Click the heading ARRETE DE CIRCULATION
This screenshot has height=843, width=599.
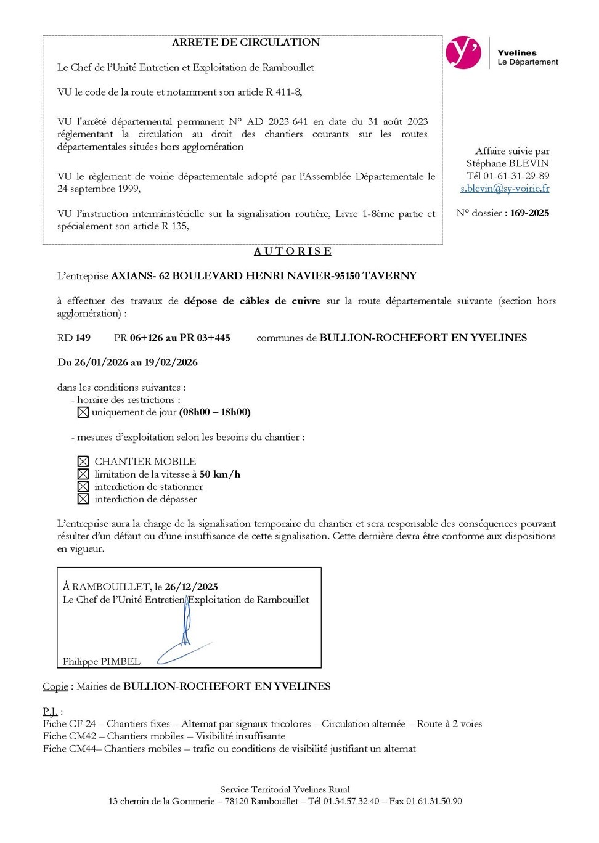pyautogui.click(x=245, y=43)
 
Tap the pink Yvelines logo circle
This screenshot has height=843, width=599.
pyautogui.click(x=463, y=52)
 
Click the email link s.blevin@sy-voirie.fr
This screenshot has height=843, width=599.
pyautogui.click(x=505, y=189)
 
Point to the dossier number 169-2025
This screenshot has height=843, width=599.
pyautogui.click(x=529, y=213)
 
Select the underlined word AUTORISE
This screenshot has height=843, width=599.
pyautogui.click(x=293, y=251)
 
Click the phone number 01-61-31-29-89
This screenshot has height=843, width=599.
pyautogui.click(x=516, y=176)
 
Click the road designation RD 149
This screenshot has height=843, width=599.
pyautogui.click(x=74, y=338)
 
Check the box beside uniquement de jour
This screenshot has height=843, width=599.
pyautogui.click(x=83, y=412)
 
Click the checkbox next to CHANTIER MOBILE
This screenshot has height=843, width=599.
pyautogui.click(x=83, y=462)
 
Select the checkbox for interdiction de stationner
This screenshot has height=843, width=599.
pyautogui.click(x=83, y=487)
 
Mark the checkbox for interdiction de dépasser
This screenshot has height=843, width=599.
pyautogui.click(x=83, y=499)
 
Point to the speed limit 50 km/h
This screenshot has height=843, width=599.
pyautogui.click(x=220, y=474)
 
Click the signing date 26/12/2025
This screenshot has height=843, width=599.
pyautogui.click(x=191, y=587)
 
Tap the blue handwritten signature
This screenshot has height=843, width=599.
pyautogui.click(x=185, y=635)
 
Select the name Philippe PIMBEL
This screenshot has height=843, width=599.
pyautogui.click(x=102, y=661)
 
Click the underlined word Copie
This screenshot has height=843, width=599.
pyautogui.click(x=55, y=686)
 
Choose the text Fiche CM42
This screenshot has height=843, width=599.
pyautogui.click(x=70, y=736)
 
